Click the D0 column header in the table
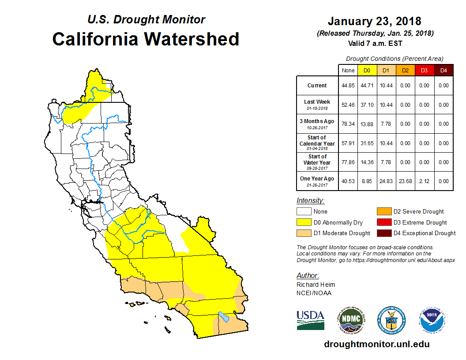click(367, 70)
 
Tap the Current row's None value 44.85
click(348, 86)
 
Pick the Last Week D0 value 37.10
click(367, 105)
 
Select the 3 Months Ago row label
click(317, 124)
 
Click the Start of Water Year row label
click(317, 162)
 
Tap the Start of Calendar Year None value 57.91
click(348, 143)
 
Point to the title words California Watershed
click(146, 39)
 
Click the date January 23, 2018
click(375, 21)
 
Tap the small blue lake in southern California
click(223, 317)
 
